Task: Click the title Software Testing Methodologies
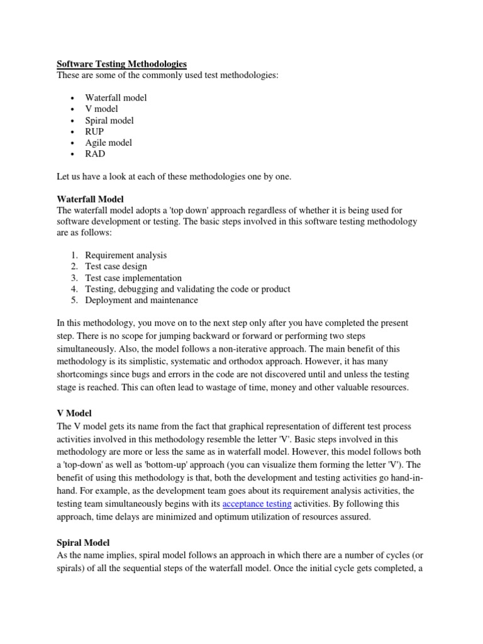[122, 64]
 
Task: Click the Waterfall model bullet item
[116, 98]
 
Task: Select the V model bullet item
[101, 109]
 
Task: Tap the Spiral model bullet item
[109, 120]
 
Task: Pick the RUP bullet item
[95, 131]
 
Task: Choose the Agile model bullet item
[109, 143]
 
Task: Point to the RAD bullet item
[95, 153]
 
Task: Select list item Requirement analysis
[126, 255]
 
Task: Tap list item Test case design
[116, 267]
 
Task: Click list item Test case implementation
[133, 278]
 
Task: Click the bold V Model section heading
[74, 413]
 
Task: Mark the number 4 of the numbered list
[74, 289]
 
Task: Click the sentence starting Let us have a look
[174, 177]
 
